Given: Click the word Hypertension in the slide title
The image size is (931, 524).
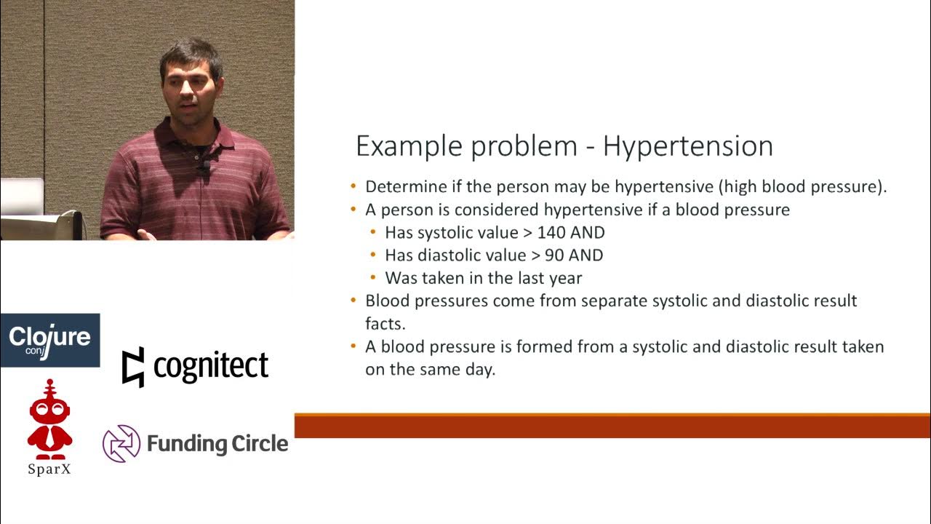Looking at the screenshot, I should (687, 147).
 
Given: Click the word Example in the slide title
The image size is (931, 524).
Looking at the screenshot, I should (409, 147).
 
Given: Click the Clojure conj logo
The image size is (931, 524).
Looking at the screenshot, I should (49, 340).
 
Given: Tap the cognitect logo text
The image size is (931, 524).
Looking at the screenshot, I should (211, 366).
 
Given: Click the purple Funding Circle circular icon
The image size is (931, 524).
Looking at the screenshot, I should (121, 444).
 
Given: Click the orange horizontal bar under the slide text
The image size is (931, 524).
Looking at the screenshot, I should (612, 426).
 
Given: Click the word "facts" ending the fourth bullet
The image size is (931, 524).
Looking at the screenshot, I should (385, 323).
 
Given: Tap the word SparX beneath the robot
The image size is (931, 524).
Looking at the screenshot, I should (49, 469).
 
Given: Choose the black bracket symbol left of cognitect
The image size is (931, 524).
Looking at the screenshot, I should (132, 367).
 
